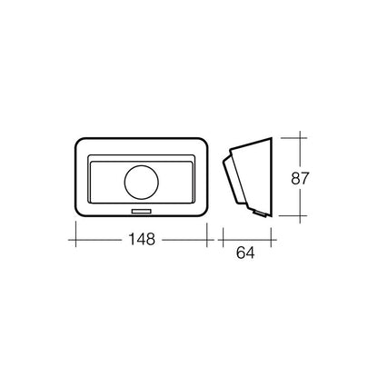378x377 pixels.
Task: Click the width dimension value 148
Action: tap(141, 240)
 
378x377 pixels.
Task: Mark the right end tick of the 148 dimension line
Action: tap(214, 240)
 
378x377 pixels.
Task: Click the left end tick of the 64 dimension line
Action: tap(223, 240)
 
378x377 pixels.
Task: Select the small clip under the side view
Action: tap(259, 214)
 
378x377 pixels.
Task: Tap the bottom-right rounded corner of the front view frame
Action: tap(209, 213)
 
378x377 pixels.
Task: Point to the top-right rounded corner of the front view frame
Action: tap(209, 144)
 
